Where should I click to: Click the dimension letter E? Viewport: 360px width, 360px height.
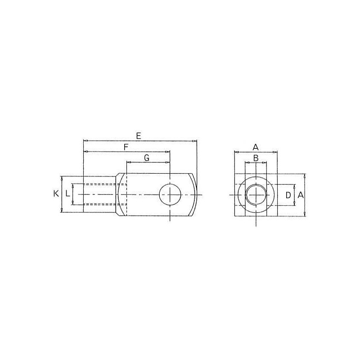click(x=138, y=136)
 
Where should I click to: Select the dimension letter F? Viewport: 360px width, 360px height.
click(x=126, y=147)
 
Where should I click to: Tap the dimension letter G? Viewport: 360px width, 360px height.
click(x=147, y=158)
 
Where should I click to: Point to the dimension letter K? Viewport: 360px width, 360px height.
click(x=56, y=194)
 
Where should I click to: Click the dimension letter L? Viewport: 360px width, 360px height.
click(x=67, y=194)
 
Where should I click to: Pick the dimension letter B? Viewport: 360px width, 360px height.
click(x=256, y=158)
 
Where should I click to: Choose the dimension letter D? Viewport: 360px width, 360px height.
click(x=288, y=195)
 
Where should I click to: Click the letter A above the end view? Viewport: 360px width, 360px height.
click(x=256, y=147)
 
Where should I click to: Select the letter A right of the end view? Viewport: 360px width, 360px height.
click(x=300, y=195)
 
